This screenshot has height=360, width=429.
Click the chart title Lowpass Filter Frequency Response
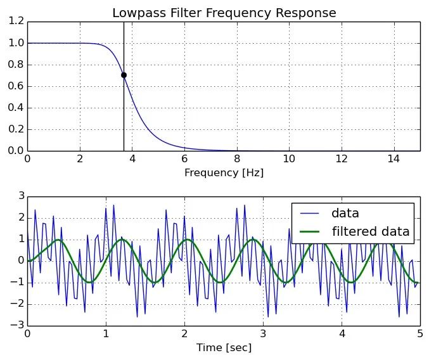point(224,13)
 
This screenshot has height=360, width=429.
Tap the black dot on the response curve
point(124,75)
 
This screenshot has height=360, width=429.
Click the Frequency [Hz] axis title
point(224,172)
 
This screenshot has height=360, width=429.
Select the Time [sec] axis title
point(224,347)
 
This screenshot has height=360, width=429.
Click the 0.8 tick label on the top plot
point(16,65)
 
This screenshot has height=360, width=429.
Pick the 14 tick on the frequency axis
point(394,159)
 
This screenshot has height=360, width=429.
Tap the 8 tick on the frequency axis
point(236,159)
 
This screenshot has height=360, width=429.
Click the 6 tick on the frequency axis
point(184,159)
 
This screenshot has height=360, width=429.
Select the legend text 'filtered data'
point(371,231)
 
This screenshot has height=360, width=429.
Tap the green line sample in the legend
point(309,231)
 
